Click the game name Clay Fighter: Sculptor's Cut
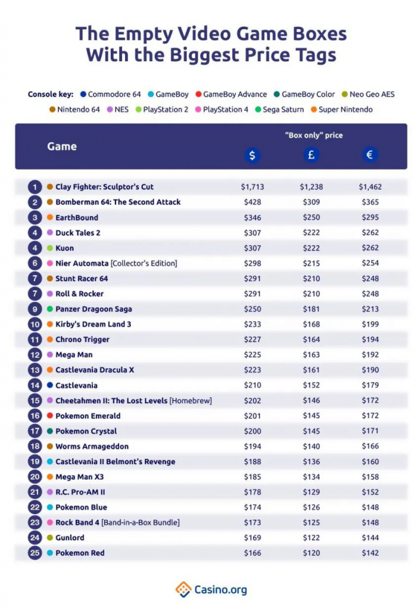[104, 186]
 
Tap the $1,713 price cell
[252, 186]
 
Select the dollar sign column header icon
[252, 155]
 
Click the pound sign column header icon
[311, 155]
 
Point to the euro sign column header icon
[370, 155]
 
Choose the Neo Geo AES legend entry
[368, 94]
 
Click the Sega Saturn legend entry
[278, 110]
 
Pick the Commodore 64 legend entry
[111, 94]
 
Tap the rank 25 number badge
[35, 553]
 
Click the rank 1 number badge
[35, 186]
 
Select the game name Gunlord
[70, 537]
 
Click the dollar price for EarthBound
[252, 217]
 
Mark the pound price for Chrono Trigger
[311, 340]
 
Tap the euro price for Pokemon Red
[370, 553]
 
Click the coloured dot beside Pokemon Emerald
[50, 416]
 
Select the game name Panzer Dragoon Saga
[93, 309]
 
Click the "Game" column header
[62, 146]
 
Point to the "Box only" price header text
[314, 135]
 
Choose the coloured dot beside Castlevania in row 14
[50, 385]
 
